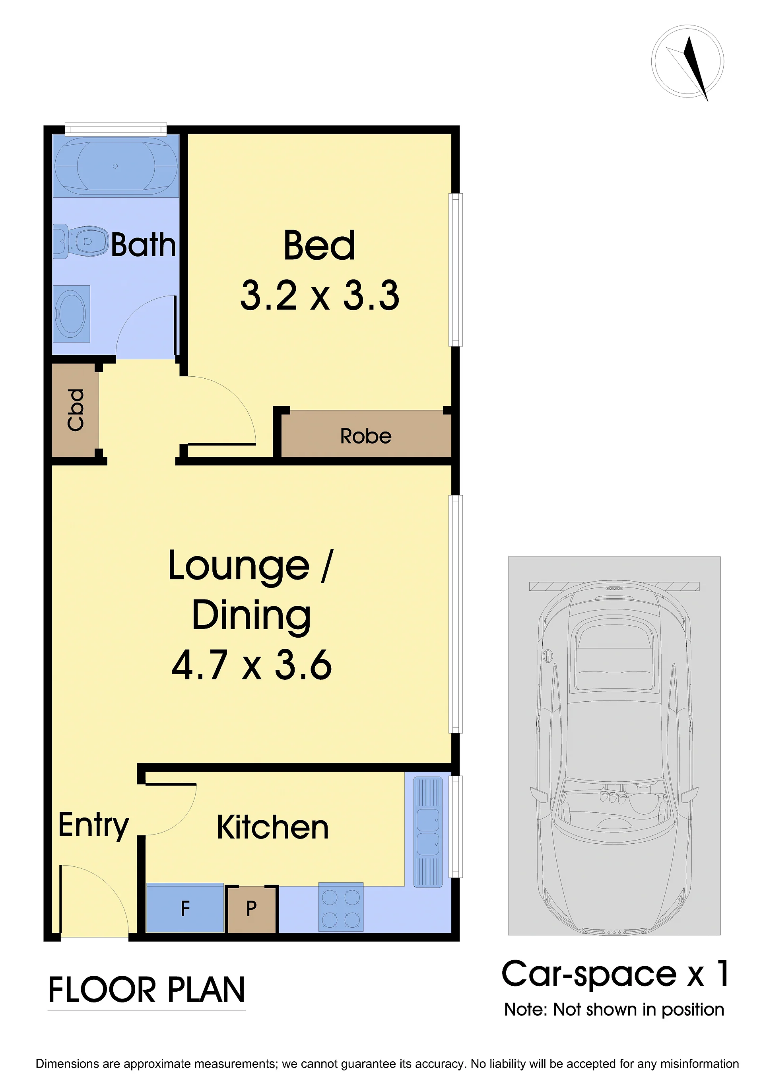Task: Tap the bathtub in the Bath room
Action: click(x=116, y=165)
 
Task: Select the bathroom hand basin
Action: click(x=71, y=314)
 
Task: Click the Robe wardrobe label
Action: click(x=366, y=436)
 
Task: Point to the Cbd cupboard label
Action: click(x=75, y=410)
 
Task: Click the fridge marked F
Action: click(x=185, y=908)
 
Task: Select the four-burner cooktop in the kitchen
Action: click(x=341, y=907)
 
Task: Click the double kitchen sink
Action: click(x=428, y=832)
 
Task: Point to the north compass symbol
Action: click(x=687, y=62)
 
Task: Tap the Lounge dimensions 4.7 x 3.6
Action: click(x=252, y=665)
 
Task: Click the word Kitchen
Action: click(x=273, y=827)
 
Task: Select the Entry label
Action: click(x=93, y=826)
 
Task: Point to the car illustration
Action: click(x=614, y=758)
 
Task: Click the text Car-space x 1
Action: click(x=615, y=974)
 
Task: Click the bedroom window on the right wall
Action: click(x=456, y=270)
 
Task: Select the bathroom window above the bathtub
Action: click(x=116, y=129)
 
